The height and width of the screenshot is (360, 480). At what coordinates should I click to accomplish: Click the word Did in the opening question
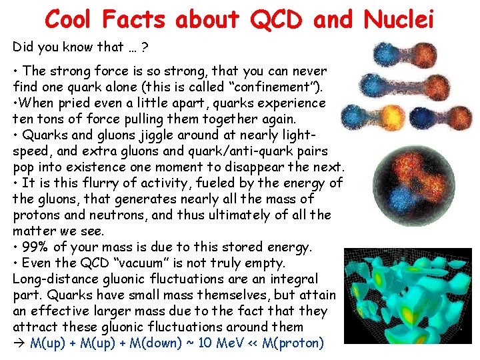click(23, 47)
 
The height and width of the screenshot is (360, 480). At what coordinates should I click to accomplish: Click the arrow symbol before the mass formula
click(19, 343)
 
